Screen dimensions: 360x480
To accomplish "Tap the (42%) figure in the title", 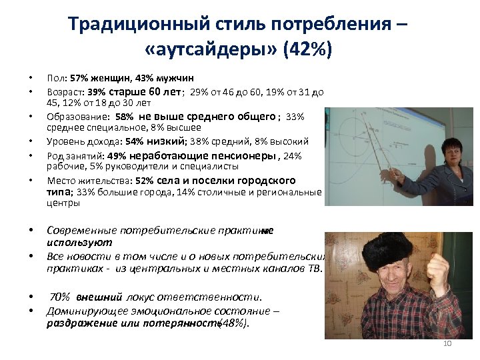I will click(306, 50).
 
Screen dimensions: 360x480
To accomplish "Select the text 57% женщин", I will click(89, 78).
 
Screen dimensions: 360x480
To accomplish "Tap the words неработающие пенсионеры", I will click(224, 155).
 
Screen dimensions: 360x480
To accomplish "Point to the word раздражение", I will click(77, 323).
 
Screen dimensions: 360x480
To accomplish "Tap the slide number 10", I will click(447, 343).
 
